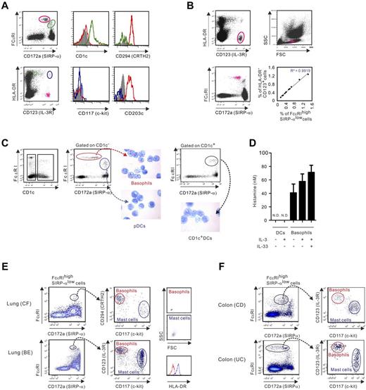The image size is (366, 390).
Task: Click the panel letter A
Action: coord(6,6)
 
